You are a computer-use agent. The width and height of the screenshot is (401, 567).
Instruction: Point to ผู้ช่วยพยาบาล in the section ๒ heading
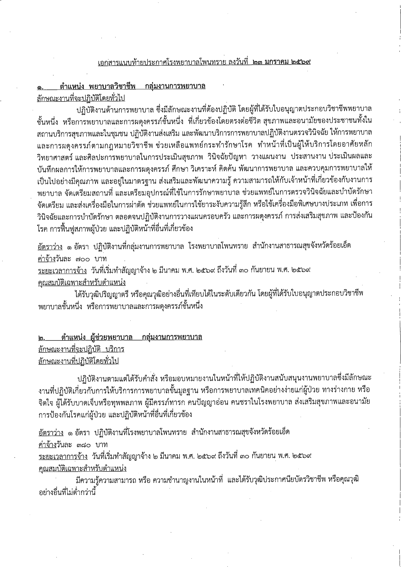click(x=112, y=337)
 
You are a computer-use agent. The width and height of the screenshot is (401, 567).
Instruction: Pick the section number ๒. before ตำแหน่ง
click(x=42, y=338)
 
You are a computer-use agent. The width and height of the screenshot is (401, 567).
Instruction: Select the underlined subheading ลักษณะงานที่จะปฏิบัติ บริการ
click(x=81, y=349)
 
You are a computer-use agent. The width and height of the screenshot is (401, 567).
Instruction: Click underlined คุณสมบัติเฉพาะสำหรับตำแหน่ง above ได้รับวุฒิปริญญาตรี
click(x=81, y=282)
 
